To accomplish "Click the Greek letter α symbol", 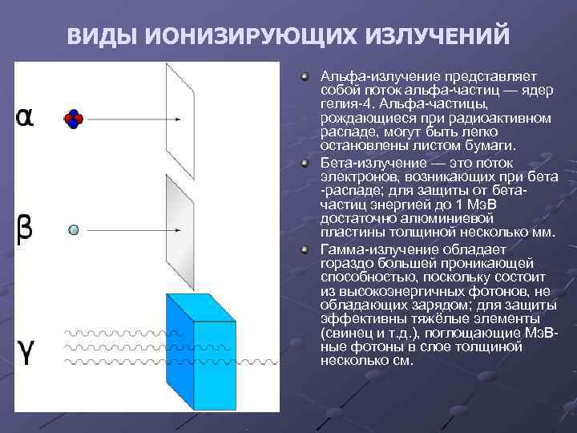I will (x=25, y=117).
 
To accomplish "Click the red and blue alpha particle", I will (x=73, y=119).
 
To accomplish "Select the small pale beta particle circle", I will (x=73, y=230).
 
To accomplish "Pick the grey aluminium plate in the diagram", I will (x=180, y=232).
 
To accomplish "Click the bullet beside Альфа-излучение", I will (x=305, y=75).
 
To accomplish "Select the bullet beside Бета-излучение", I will (x=305, y=162).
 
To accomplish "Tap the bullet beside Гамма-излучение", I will (x=305, y=249).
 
